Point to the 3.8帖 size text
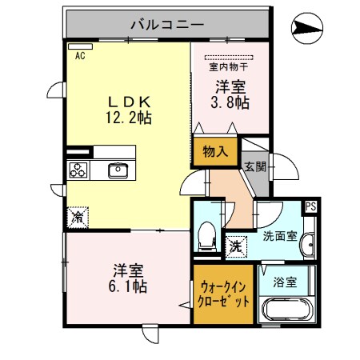(228, 102)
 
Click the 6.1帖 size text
(128, 284)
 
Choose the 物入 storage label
(215, 150)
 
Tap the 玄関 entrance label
(255, 167)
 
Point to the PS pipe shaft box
(310, 206)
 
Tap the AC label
(80, 56)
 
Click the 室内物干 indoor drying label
(228, 67)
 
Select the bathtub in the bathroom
(286, 312)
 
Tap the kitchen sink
(118, 170)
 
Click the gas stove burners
(79, 170)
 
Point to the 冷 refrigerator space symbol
(78, 217)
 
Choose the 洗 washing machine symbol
(236, 246)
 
